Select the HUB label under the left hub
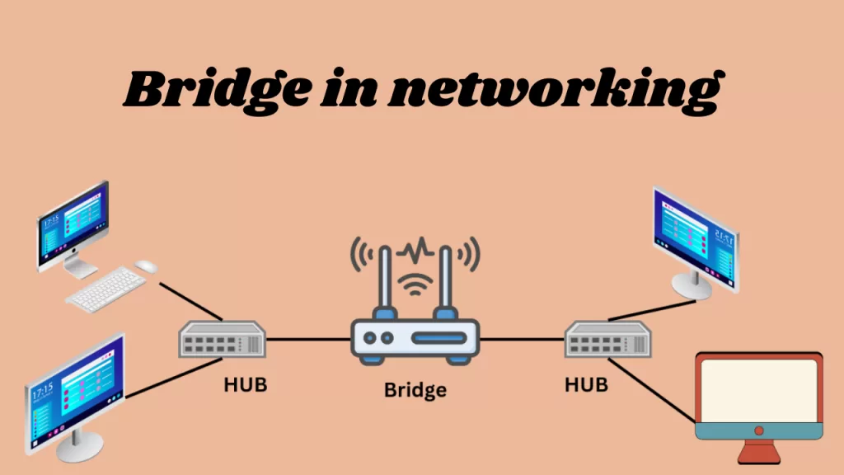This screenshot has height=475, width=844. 246,385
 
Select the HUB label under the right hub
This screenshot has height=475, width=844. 586,385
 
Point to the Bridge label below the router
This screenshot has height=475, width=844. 415,389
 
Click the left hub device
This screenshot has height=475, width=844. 223,339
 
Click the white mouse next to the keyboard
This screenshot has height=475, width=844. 146,266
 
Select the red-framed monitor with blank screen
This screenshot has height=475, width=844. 758,394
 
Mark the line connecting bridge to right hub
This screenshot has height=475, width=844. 522,339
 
